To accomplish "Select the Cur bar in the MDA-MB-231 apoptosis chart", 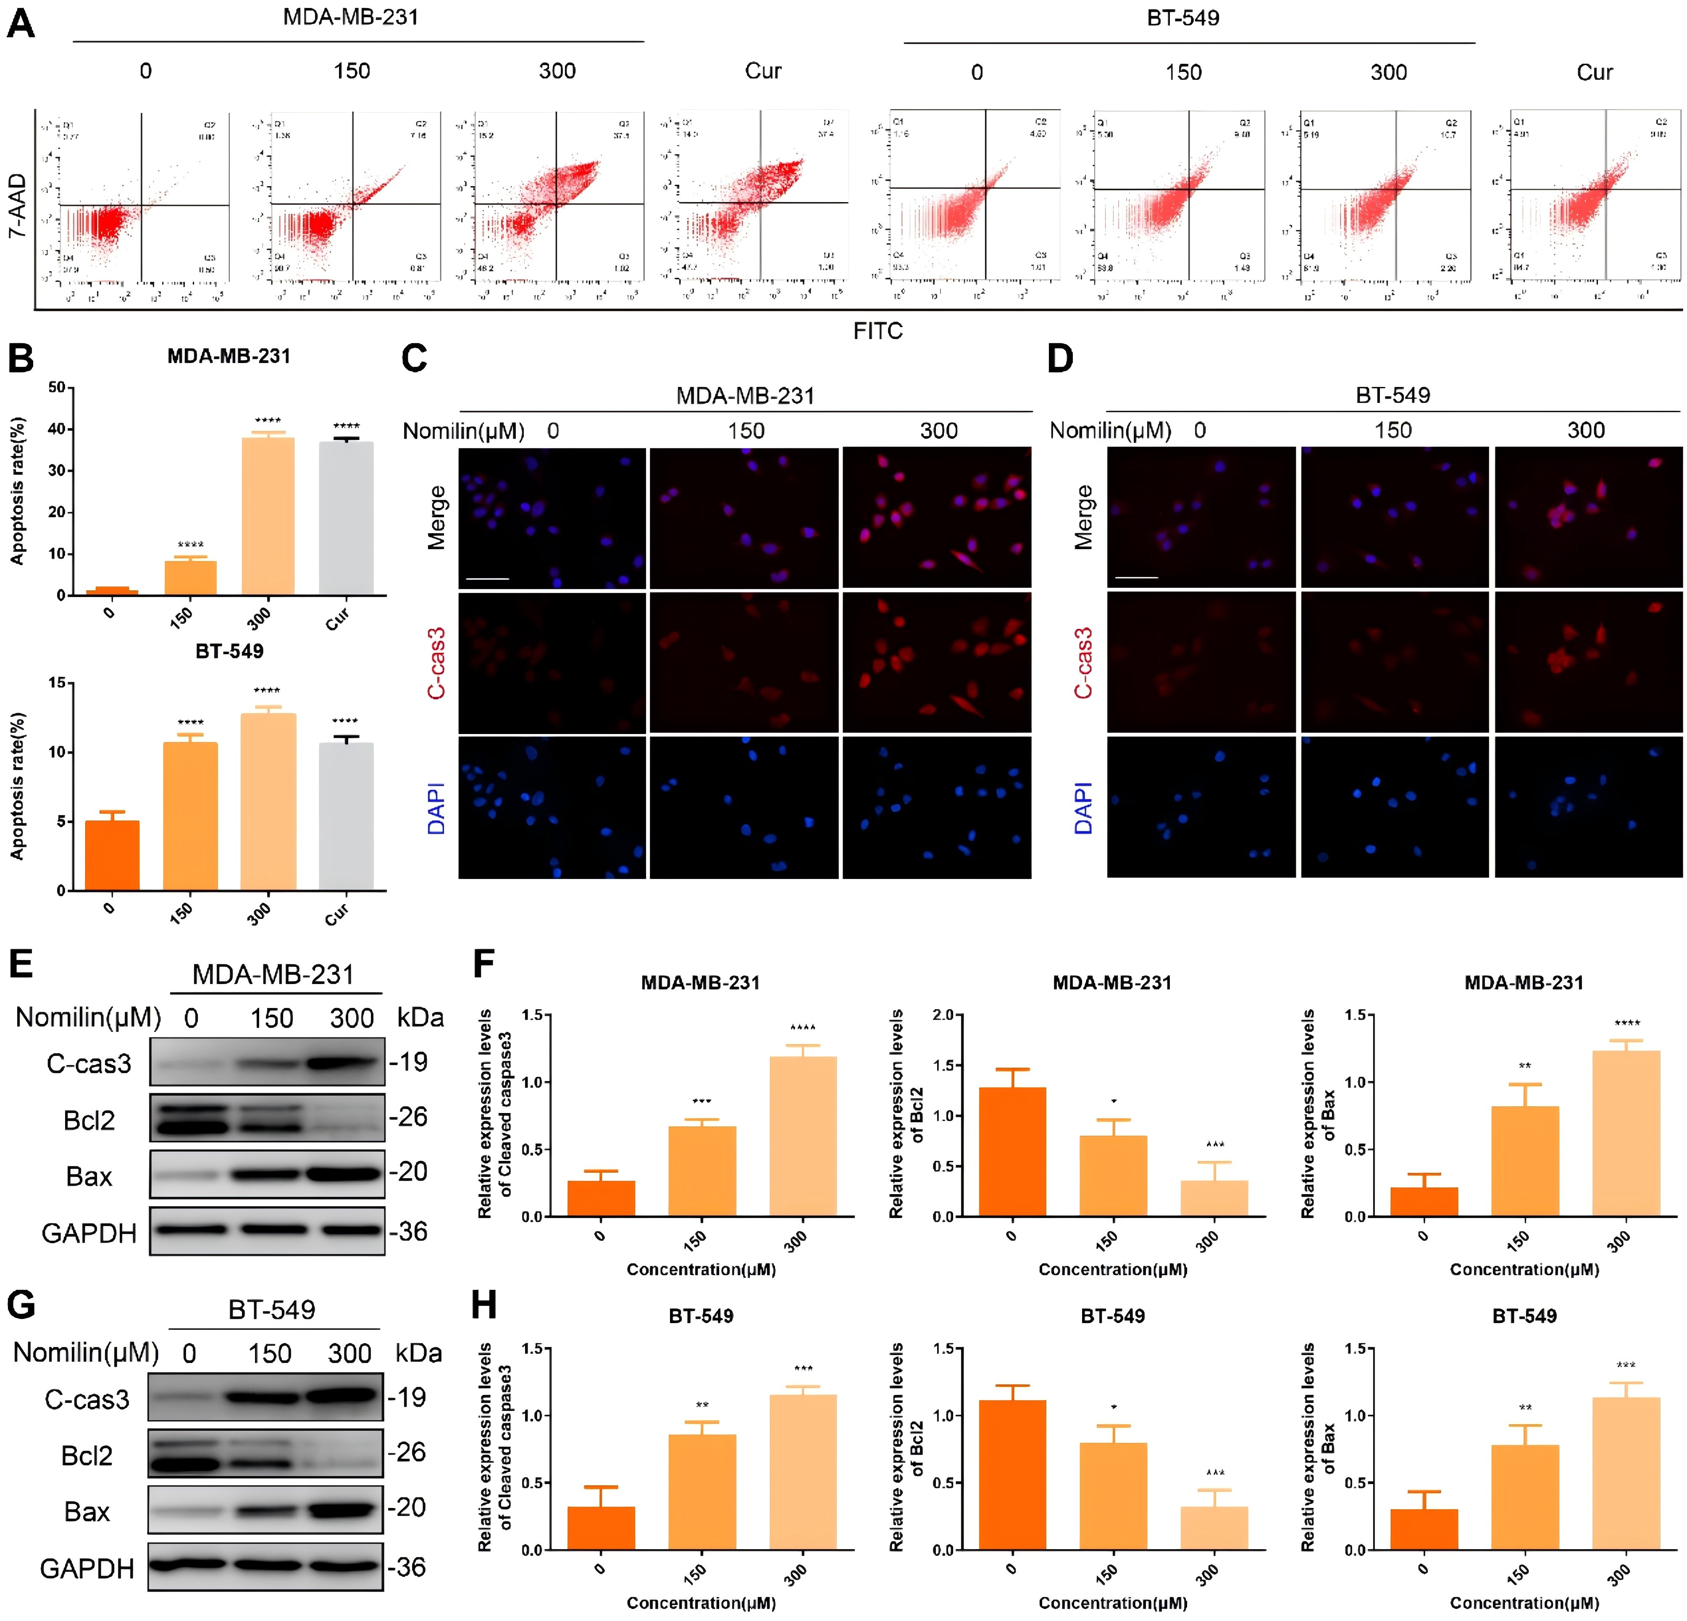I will pyautogui.click(x=346, y=518).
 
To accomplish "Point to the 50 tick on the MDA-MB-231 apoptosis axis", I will pyautogui.click(x=57, y=387).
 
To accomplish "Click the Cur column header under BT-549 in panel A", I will pyautogui.click(x=1594, y=72).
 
